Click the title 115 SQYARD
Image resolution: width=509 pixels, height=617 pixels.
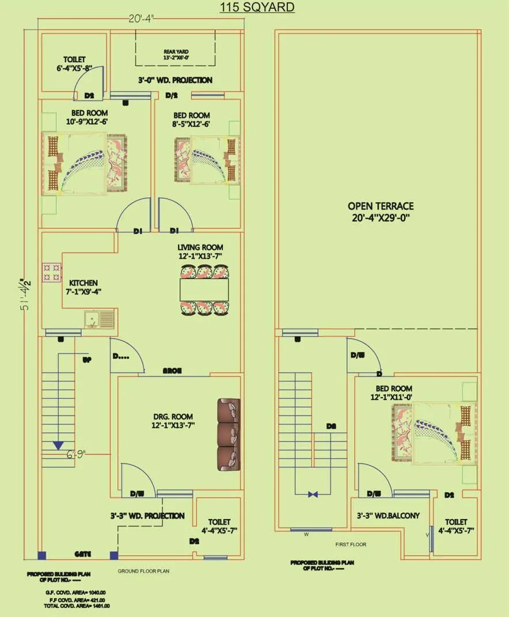tap(257, 7)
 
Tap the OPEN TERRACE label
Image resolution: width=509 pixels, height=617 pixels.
tap(380, 211)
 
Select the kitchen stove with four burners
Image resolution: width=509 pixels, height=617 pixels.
tap(51, 272)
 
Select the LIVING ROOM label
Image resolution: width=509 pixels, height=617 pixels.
tap(200, 252)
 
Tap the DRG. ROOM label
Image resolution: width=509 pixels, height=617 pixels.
tap(173, 421)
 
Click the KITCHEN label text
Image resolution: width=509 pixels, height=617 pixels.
tap(83, 287)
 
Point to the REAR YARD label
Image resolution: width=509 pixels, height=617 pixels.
tap(176, 55)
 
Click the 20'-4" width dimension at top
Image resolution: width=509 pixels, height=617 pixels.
tap(140, 19)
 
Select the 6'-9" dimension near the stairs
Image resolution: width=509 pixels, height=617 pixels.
tap(75, 455)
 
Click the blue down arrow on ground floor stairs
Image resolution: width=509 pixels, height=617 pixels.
tap(58, 444)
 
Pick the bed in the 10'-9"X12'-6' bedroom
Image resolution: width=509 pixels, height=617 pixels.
tap(82, 163)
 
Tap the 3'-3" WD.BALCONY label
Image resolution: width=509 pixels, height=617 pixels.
tap(388, 516)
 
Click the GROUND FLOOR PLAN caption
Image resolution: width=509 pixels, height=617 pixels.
tap(143, 572)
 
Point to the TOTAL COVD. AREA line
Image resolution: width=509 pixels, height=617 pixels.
tap(78, 605)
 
